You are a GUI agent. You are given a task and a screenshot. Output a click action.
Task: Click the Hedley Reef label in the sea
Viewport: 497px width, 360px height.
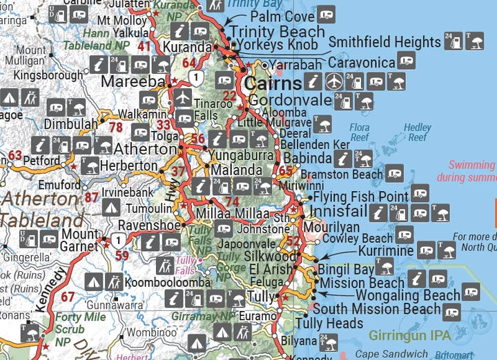tap(418, 132)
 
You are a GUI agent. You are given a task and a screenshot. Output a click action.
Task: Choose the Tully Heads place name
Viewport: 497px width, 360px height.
tap(329, 323)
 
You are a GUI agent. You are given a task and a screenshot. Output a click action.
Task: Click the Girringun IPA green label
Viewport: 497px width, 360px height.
tap(409, 336)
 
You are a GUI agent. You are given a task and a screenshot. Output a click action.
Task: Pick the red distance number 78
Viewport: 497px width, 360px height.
tap(115, 128)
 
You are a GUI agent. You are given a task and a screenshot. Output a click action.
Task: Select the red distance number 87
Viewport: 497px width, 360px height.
tap(91, 198)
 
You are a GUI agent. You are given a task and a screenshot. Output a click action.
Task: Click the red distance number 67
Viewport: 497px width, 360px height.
tap(68, 297)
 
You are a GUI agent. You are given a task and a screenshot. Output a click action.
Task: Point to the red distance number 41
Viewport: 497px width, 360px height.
tap(144, 47)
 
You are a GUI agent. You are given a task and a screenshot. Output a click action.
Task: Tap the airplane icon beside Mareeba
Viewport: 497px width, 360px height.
tap(182, 97)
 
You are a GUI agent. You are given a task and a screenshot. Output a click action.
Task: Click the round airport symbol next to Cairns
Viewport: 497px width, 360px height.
tap(333, 81)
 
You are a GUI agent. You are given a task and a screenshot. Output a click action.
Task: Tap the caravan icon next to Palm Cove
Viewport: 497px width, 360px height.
tap(326, 13)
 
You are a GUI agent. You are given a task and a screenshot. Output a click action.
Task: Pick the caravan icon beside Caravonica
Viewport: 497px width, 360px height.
tap(406, 62)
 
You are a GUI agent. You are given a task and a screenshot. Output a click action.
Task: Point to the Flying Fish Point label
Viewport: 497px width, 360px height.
tap(361, 198)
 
